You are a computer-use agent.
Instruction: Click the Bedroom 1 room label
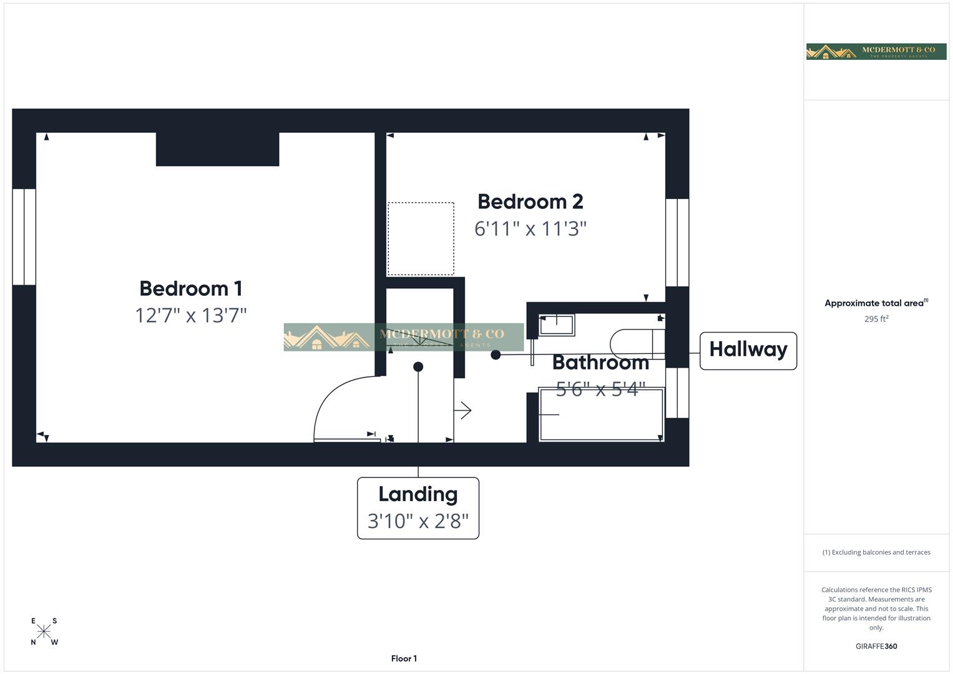[190, 288]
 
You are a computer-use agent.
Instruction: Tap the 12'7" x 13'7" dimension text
[190, 315]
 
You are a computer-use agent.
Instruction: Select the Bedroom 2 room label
[530, 202]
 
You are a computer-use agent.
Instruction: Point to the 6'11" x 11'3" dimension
[530, 228]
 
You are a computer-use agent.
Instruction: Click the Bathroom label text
[600, 362]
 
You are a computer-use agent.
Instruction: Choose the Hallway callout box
[748, 350]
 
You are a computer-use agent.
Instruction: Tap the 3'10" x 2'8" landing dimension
[418, 520]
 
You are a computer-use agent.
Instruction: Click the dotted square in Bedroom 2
[421, 238]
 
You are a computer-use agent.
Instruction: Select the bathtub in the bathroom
[600, 414]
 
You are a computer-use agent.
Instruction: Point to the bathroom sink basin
[557, 325]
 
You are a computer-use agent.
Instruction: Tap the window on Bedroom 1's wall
[24, 237]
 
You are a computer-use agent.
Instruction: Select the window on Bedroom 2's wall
[677, 242]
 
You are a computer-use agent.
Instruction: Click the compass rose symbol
[44, 631]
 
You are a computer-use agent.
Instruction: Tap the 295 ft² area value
[876, 319]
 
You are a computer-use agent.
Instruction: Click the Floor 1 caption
[404, 658]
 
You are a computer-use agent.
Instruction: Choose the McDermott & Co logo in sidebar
[876, 52]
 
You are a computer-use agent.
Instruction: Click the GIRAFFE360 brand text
[876, 647]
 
